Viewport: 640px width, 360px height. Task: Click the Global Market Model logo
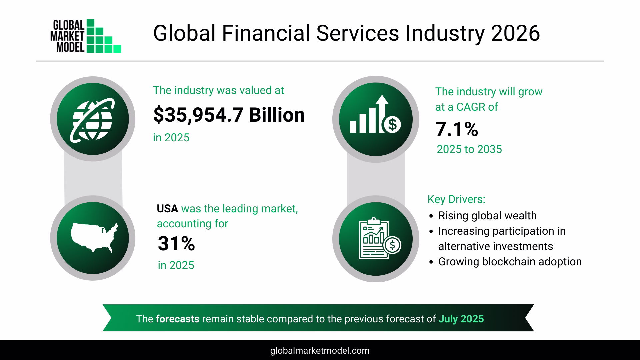86,36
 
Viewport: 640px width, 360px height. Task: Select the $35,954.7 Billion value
229,115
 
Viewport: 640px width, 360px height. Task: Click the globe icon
93,119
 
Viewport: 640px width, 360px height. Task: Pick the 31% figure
176,244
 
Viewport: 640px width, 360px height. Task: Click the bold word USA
167,209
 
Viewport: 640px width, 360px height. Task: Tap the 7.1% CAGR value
456,129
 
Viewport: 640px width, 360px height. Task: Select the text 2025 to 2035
469,149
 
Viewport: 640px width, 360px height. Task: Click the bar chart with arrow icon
375,119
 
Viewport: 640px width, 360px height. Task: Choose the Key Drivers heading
456,199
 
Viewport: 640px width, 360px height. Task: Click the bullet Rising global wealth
487,216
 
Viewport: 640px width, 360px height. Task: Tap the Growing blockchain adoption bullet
510,262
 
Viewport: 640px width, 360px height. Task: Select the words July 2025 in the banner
461,319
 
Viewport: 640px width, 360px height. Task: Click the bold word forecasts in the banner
178,319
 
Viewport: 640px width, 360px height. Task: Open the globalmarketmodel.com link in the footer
320,351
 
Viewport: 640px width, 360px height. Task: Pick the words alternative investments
495,246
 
